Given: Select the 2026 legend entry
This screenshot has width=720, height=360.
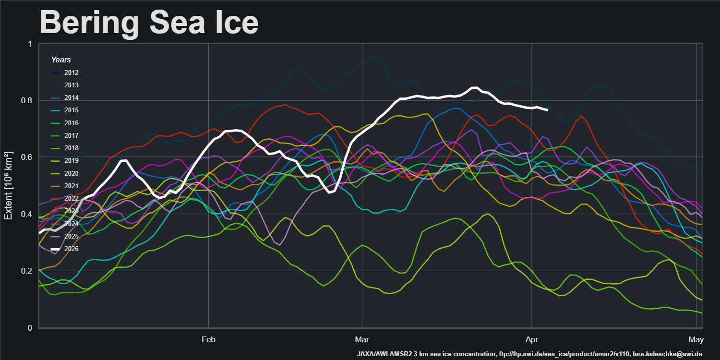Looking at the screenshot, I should coord(71,249).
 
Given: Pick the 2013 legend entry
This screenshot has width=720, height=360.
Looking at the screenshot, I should coord(71,85).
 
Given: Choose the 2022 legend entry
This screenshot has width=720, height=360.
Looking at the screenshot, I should coord(71,198).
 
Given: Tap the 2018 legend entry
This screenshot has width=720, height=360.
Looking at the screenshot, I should coord(71,148).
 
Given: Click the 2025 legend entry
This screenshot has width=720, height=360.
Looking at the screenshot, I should coord(71,236).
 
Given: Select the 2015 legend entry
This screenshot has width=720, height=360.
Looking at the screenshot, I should coord(71,110).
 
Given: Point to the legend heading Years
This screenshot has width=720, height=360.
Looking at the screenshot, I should coord(61,60).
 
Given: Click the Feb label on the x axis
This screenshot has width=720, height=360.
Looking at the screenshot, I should coord(208,340).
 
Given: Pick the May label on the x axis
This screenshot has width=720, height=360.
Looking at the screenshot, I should coord(696,340).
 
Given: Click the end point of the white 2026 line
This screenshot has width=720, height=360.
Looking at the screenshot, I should coord(548,110).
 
